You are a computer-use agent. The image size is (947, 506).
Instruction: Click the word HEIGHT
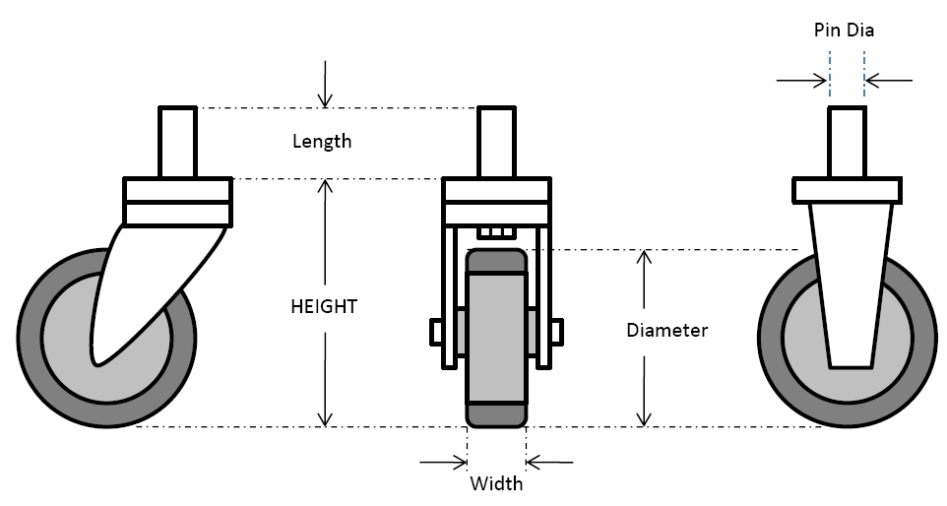(x=324, y=306)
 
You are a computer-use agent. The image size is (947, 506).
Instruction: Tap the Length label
(x=322, y=141)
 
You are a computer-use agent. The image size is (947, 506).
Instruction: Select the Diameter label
(x=666, y=330)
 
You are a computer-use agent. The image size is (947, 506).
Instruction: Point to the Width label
(x=496, y=483)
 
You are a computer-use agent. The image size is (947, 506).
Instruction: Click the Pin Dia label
(x=844, y=31)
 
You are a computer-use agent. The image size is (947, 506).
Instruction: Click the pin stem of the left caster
(x=178, y=143)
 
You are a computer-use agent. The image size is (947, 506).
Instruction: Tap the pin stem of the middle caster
(x=496, y=143)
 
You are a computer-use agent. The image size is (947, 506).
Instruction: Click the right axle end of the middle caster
(x=556, y=333)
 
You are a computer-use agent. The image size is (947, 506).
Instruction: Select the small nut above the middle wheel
(x=496, y=233)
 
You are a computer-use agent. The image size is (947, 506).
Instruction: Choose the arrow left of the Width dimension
(x=444, y=461)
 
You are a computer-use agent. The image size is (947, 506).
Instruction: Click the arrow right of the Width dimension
(x=549, y=461)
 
